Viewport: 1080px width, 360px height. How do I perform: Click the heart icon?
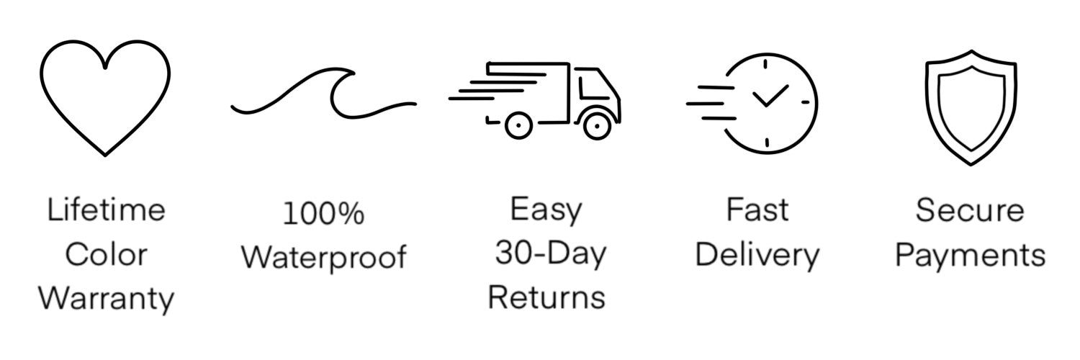(105, 97)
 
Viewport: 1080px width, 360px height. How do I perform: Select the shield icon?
(971, 107)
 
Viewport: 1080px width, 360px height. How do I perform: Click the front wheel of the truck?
(597, 126)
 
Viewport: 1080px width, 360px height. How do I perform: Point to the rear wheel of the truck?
(518, 126)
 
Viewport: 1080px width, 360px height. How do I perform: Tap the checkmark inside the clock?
(769, 96)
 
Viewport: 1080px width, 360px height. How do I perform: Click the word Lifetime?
(106, 211)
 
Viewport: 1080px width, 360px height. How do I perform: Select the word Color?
(106, 255)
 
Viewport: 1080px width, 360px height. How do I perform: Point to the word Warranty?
(106, 298)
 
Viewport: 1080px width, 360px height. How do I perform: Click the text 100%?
(323, 214)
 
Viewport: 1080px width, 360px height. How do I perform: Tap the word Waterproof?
(323, 257)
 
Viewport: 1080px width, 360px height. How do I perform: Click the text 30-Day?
(550, 254)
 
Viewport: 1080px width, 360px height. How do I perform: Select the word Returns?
(546, 297)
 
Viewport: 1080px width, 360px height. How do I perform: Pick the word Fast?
(757, 210)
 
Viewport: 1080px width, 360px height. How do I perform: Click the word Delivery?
(757, 255)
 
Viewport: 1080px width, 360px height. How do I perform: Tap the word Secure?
(970, 210)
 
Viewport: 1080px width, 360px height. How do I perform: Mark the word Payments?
(970, 255)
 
